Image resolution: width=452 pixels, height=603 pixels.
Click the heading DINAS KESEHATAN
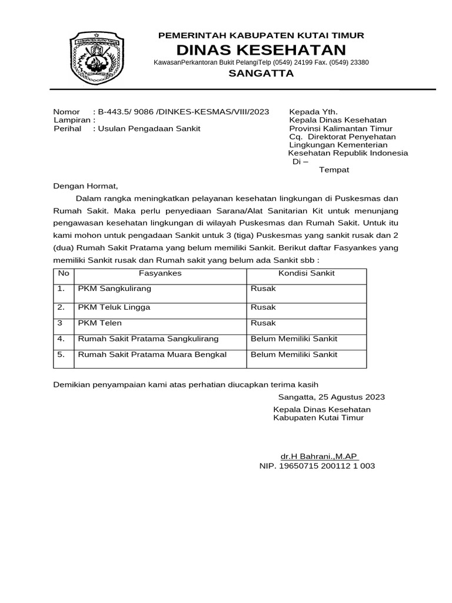[261, 49]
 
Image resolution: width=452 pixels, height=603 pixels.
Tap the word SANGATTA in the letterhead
[261, 74]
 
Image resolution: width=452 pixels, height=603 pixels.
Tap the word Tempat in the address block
[334, 170]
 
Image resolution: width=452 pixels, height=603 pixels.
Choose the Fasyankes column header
[160, 273]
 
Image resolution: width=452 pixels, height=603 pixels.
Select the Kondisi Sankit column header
[306, 273]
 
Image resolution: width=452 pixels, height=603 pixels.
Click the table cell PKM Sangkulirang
[115, 289]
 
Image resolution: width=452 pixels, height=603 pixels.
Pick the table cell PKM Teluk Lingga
[114, 307]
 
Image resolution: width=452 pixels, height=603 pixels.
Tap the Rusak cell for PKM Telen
[263, 323]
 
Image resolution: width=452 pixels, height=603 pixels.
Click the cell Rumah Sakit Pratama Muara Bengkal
[152, 354]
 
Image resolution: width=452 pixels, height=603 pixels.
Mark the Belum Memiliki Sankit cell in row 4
[294, 339]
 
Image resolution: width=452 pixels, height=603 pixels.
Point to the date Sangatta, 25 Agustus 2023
[332, 396]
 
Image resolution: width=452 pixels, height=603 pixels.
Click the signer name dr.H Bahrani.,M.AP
[320, 456]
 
